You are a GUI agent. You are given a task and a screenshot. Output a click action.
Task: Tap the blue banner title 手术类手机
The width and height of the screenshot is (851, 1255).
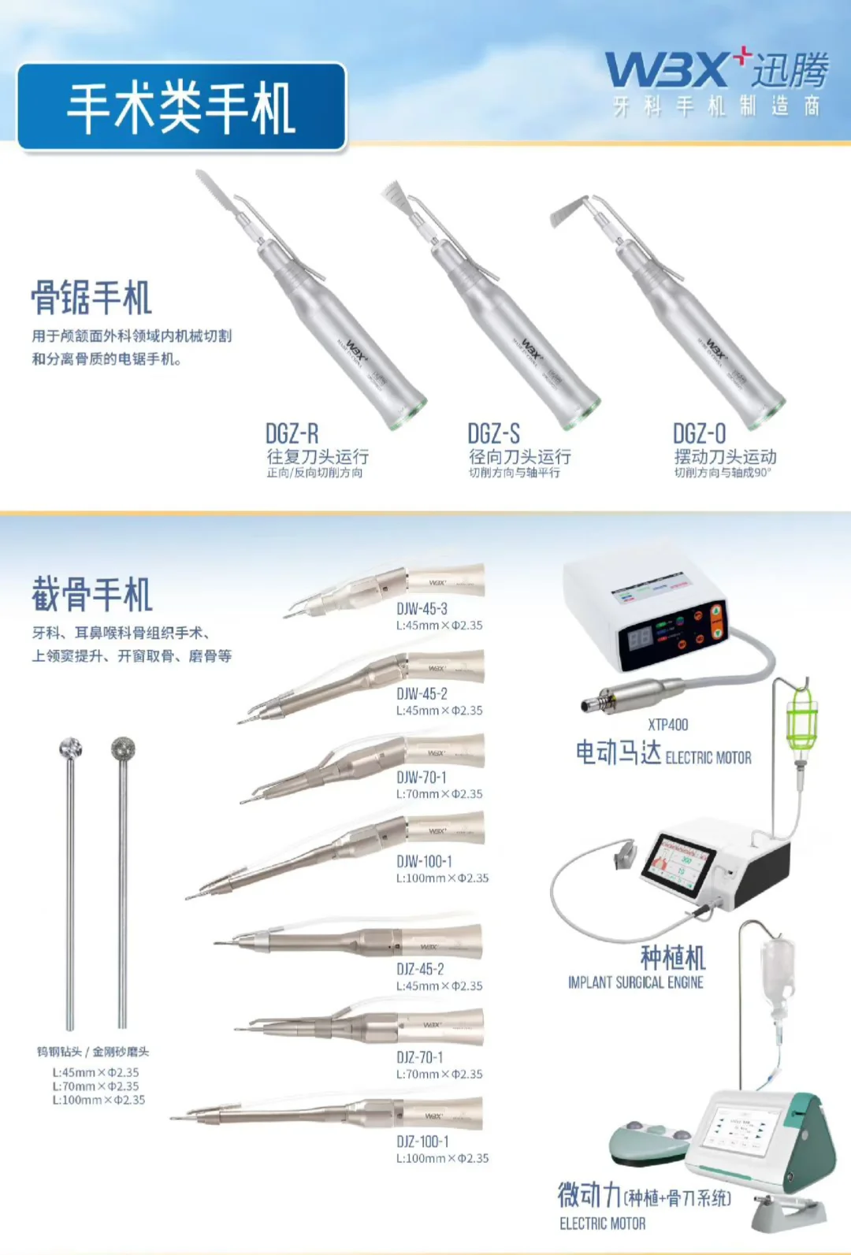[181, 108]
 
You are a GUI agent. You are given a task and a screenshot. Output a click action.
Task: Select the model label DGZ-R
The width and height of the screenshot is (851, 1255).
[292, 434]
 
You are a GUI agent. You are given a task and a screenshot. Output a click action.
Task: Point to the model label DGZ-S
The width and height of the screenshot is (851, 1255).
[493, 434]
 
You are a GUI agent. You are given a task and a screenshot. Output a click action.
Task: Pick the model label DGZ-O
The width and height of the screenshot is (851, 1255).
[699, 434]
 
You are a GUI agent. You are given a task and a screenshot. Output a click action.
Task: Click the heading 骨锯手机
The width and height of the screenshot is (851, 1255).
[91, 298]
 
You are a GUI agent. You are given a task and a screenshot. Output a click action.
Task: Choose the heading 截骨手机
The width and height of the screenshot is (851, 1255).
[91, 595]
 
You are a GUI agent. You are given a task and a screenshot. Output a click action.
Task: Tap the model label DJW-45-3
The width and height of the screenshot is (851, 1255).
[422, 609]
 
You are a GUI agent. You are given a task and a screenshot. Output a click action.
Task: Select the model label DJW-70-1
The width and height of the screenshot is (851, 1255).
[421, 778]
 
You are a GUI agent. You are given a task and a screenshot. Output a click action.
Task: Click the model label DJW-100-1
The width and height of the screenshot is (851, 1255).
[424, 862]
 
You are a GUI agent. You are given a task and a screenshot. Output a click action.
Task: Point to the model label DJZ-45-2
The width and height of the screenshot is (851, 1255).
[420, 970]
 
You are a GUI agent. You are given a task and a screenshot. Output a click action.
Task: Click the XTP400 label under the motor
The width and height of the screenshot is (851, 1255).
[667, 725]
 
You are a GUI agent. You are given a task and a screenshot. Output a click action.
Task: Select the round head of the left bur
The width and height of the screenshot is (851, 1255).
[71, 748]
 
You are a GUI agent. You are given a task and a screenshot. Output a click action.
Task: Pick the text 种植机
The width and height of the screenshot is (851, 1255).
[672, 959]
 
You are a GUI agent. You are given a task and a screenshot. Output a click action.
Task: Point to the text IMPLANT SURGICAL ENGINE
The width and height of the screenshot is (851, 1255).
[635, 983]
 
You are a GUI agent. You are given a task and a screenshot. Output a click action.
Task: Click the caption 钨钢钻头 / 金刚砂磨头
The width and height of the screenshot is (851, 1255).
[93, 1052]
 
